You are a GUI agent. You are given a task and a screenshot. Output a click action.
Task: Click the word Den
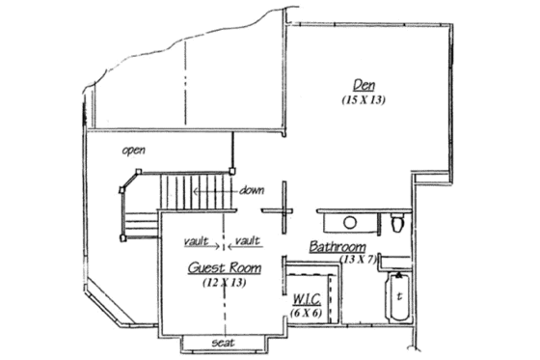pyautogui.click(x=363, y=85)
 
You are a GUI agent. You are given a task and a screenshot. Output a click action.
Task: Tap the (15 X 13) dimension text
pyautogui.click(x=364, y=99)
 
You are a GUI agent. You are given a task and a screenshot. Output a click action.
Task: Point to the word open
pyautogui.click(x=133, y=152)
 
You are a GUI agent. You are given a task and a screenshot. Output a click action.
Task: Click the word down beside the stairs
pyautogui.click(x=254, y=190)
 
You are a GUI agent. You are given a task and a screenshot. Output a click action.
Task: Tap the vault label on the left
pyautogui.click(x=197, y=239)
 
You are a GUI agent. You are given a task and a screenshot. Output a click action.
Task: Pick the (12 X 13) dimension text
pyautogui.click(x=224, y=283)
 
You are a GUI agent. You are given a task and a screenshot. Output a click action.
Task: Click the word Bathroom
pyautogui.click(x=337, y=247)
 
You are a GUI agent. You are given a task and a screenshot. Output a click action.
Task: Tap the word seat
pyautogui.click(x=224, y=343)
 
